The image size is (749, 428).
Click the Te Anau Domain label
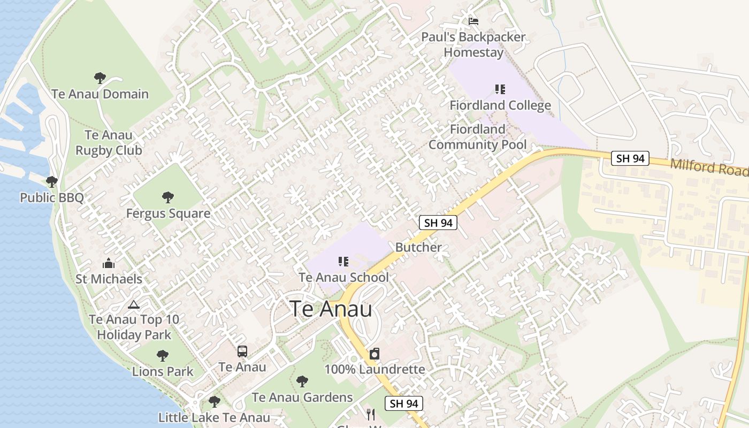pyautogui.click(x=100, y=94)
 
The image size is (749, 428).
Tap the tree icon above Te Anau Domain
pyautogui.click(x=100, y=78)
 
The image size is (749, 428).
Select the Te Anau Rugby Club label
pyautogui.click(x=109, y=143)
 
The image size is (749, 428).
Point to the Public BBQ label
pyautogui.click(x=52, y=198)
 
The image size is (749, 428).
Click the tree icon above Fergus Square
pyautogui.click(x=168, y=197)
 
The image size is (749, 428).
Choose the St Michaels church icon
pyautogui.click(x=109, y=263)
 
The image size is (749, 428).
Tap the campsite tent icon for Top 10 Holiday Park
pyautogui.click(x=134, y=304)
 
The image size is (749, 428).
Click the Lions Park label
pyautogui.click(x=163, y=371)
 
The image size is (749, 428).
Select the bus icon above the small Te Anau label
pyautogui.click(x=242, y=351)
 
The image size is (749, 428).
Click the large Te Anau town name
pyautogui.click(x=331, y=309)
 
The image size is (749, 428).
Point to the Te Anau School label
pyautogui.click(x=343, y=278)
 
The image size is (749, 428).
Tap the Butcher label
pyautogui.click(x=418, y=247)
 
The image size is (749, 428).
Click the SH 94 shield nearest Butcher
pyautogui.click(x=438, y=223)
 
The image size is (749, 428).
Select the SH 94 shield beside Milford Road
pyautogui.click(x=630, y=158)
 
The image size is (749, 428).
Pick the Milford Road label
pyautogui.click(x=709, y=167)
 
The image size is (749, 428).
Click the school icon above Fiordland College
pyautogui.click(x=500, y=89)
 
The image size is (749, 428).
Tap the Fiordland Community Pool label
pyautogui.click(x=477, y=137)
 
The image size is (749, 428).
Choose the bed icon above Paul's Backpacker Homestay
pyautogui.click(x=473, y=21)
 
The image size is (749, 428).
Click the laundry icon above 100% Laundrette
pyautogui.click(x=374, y=354)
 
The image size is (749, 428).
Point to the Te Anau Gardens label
pyautogui.click(x=302, y=398)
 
